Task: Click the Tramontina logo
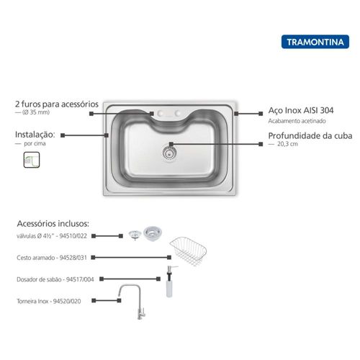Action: coord(315,42)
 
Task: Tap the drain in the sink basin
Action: coord(170,153)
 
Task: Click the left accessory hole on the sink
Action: coord(161,113)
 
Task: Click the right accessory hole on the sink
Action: coord(178,113)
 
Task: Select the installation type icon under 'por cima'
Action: coord(32,160)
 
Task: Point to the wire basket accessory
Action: coord(189,251)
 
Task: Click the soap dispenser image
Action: coord(170,282)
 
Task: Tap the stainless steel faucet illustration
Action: coord(132,302)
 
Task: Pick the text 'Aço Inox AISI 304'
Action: coord(301,110)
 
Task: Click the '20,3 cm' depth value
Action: coord(287,144)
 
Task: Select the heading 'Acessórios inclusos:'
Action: coord(53,224)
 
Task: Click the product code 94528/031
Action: coord(73,258)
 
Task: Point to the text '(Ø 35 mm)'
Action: coord(36,112)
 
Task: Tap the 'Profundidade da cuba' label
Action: coord(310,136)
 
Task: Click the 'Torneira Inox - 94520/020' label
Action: coord(49,301)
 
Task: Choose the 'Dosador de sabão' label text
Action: coord(38,279)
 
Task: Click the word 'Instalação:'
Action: coord(35,135)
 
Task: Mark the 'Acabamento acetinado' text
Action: coord(297,121)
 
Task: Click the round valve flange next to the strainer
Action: coord(153,233)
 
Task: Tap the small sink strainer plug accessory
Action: coord(135,235)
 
